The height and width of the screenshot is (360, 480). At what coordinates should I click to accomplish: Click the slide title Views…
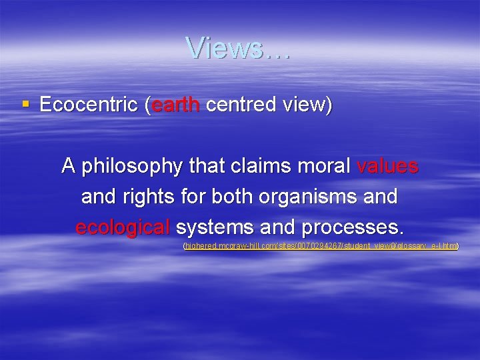[238, 48]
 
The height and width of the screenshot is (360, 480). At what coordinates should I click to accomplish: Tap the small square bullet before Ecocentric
[26, 104]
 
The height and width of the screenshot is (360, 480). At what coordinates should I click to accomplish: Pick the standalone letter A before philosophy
[68, 165]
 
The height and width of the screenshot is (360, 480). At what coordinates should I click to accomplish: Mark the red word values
[387, 165]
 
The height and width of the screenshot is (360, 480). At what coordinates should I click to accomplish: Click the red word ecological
[123, 228]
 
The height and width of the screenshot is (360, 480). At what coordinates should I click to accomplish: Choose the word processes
[352, 228]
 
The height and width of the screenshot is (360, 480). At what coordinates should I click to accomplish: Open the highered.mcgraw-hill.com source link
[321, 247]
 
